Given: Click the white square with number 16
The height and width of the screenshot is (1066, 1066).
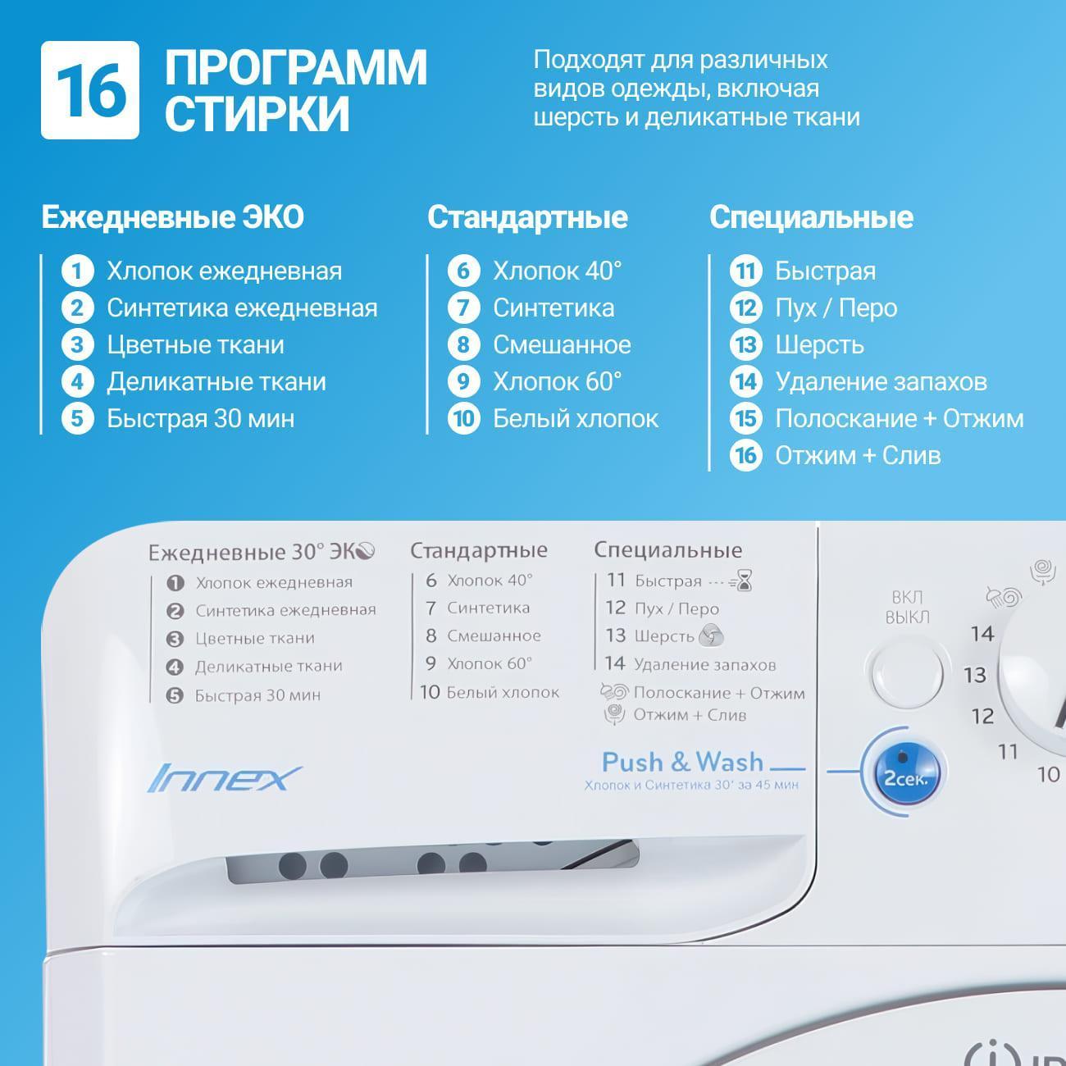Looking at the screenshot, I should [x=90, y=90].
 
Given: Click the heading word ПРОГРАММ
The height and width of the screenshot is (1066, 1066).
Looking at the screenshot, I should [x=296, y=67].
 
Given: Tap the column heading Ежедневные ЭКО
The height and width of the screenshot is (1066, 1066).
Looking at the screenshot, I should [x=172, y=217].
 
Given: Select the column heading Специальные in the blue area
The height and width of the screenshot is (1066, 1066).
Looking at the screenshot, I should [x=811, y=217].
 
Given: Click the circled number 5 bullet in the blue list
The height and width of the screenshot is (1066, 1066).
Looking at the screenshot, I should [x=77, y=418].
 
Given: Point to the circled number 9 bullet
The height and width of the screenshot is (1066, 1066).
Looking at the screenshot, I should [x=463, y=381].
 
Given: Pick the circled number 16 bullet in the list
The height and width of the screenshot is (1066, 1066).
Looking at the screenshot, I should [x=745, y=455].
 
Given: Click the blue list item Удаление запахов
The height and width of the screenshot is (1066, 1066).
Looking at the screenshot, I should [x=881, y=381].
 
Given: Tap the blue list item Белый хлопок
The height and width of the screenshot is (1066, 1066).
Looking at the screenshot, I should [x=575, y=418].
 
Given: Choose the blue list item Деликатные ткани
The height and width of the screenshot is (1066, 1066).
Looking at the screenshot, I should [x=216, y=381].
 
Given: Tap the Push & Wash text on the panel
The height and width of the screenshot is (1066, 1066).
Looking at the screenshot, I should [x=682, y=762].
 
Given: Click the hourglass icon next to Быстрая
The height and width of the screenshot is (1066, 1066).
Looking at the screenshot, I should [x=743, y=581].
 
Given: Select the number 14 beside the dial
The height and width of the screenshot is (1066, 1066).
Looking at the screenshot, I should [x=982, y=634].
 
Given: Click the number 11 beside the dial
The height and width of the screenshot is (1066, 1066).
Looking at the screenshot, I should [x=1007, y=751].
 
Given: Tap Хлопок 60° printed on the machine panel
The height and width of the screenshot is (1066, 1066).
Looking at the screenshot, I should [x=489, y=663].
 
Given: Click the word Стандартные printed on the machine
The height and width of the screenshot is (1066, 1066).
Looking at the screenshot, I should [x=479, y=550].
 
